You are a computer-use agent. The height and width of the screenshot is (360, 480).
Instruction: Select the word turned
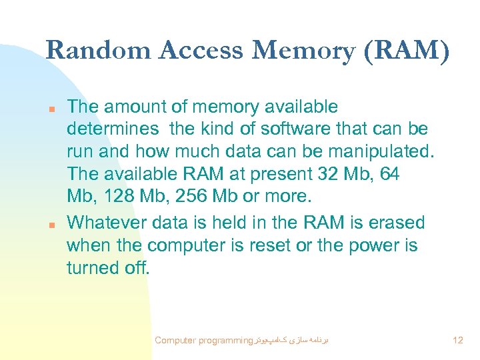(91, 269)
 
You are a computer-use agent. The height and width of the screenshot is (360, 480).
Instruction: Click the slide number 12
(457, 341)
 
